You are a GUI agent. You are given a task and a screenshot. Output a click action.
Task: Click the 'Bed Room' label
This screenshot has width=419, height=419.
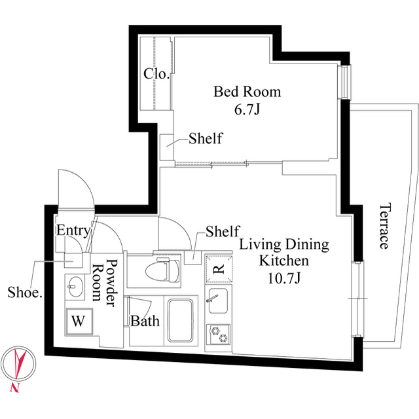[247, 91]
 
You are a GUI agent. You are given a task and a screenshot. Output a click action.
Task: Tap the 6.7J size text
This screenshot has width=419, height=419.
[247, 109]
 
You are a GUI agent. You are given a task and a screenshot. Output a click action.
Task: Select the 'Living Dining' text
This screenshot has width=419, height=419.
[283, 246]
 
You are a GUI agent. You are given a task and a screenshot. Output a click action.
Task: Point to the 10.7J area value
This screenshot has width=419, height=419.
[283, 280]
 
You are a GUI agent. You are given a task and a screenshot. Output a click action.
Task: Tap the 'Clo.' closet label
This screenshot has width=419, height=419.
[156, 74]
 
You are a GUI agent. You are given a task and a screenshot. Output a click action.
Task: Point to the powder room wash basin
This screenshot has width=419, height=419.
[74, 287]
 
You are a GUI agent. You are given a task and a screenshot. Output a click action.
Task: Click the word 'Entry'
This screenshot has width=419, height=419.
[73, 230]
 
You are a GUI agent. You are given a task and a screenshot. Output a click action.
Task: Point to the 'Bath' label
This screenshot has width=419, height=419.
[144, 321]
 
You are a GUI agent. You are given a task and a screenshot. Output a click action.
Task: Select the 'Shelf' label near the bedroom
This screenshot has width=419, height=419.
[205, 139]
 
